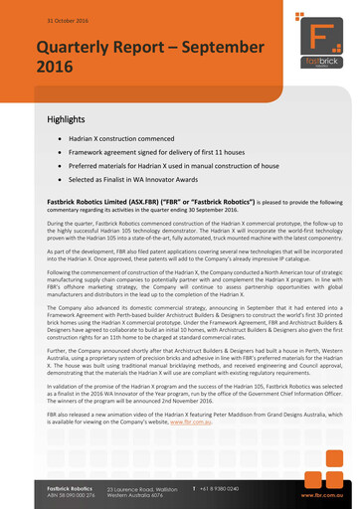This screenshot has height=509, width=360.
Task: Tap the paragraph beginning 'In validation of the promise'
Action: tap(179, 396)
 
